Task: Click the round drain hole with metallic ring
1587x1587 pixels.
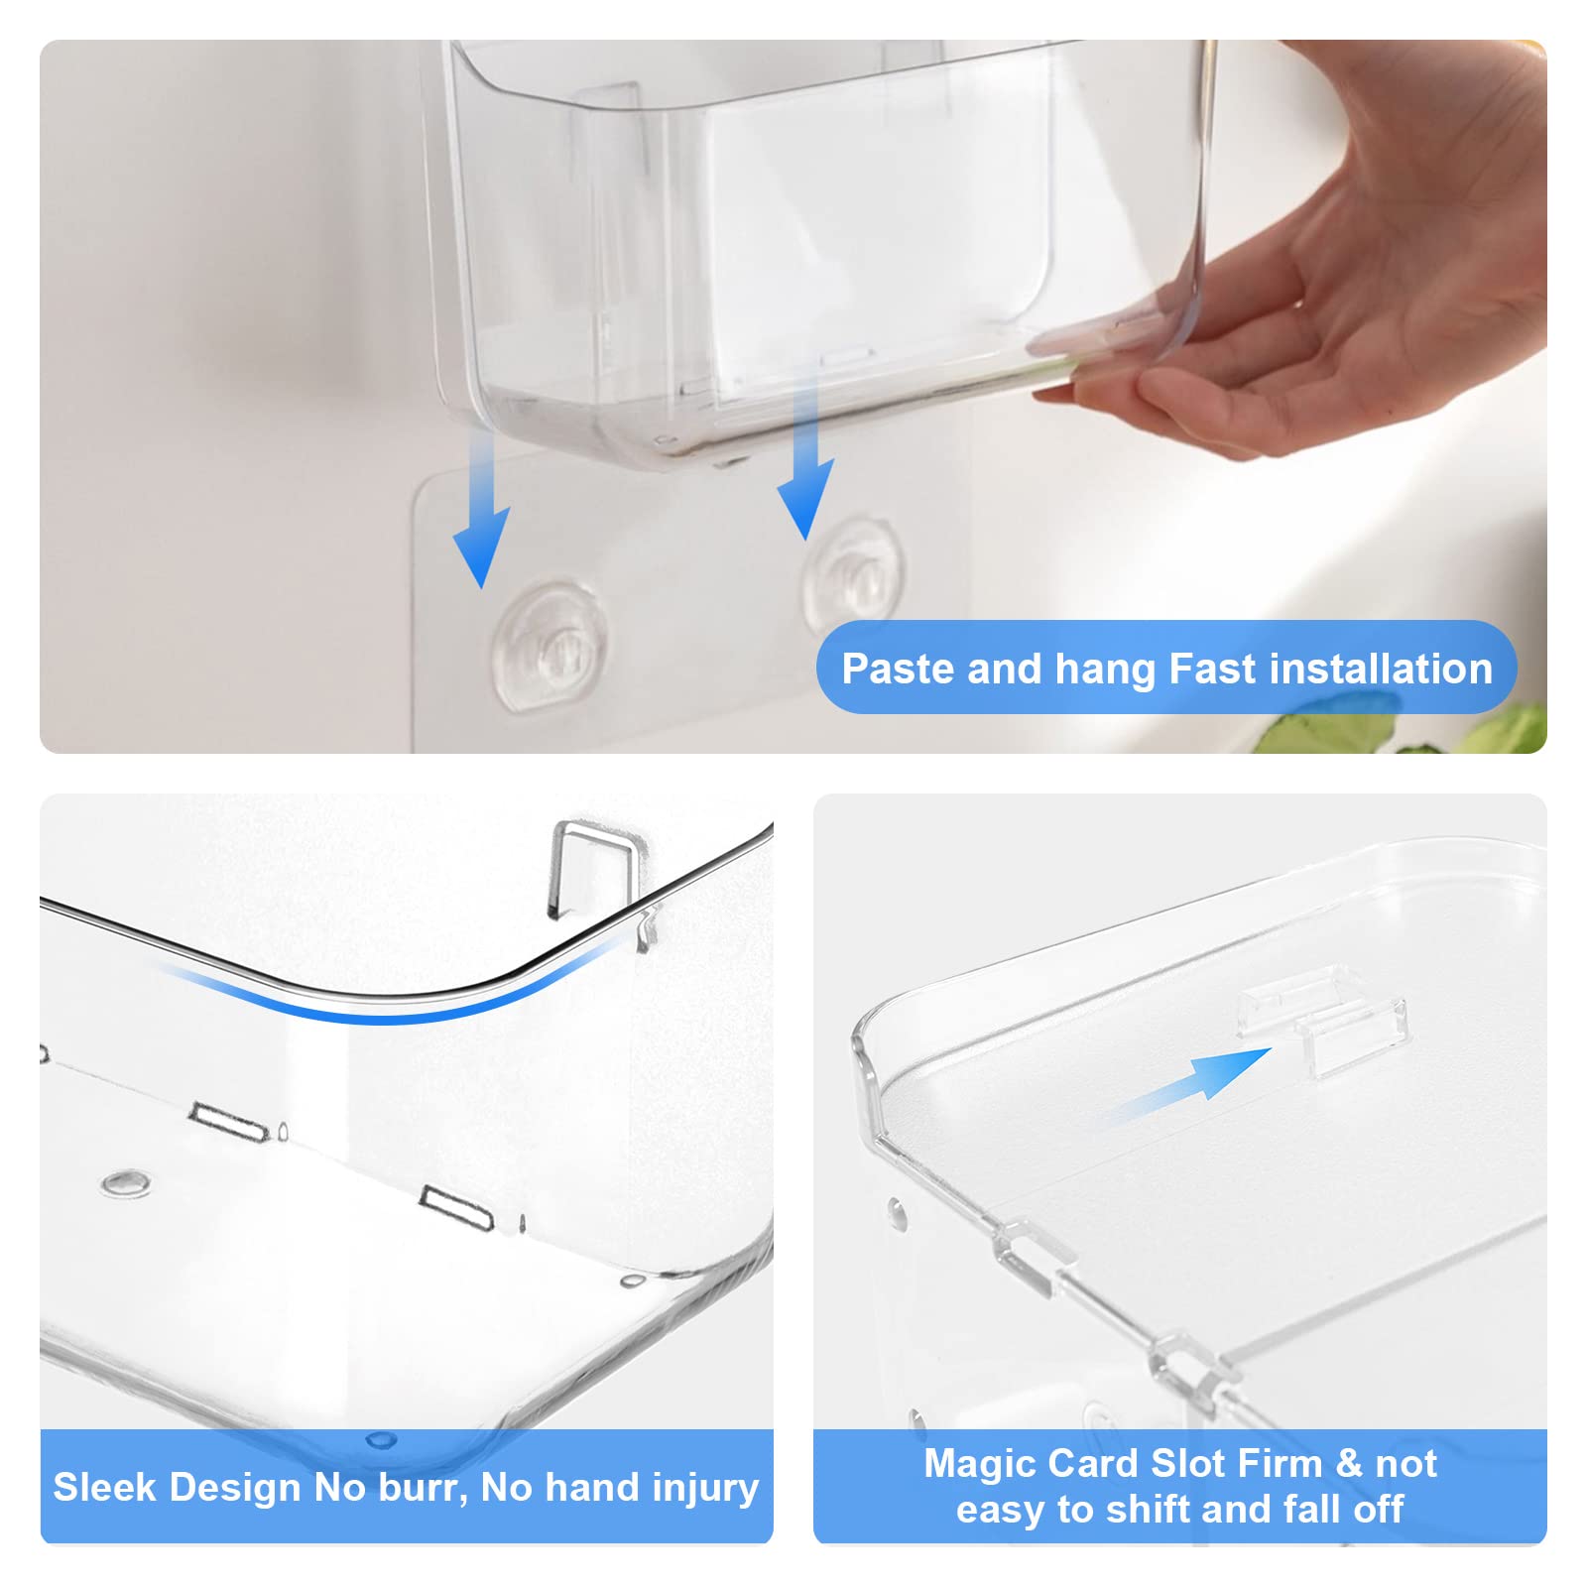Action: [x=126, y=1182]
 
